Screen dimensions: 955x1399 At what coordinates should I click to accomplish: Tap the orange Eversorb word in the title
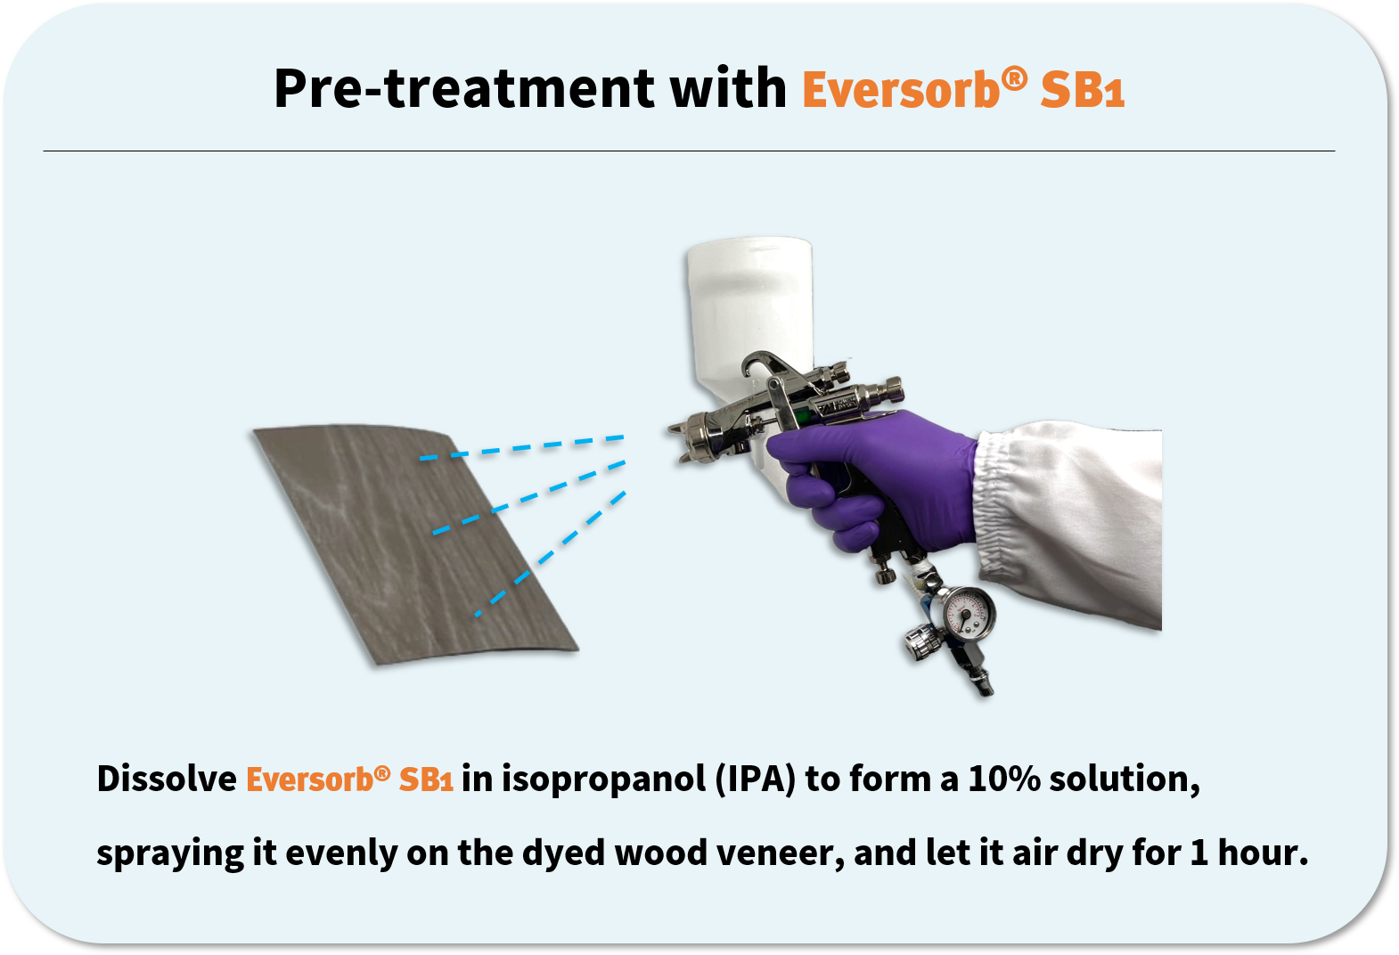(x=900, y=91)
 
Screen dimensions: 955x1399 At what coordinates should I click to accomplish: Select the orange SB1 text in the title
(x=1082, y=91)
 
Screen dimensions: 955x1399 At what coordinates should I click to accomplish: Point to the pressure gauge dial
(x=969, y=613)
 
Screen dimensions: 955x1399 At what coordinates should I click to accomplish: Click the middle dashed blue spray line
(x=530, y=497)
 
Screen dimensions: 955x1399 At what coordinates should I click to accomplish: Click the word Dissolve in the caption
(x=167, y=779)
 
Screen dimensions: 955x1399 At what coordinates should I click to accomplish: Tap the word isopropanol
(x=603, y=779)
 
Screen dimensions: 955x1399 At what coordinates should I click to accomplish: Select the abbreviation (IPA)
(x=755, y=779)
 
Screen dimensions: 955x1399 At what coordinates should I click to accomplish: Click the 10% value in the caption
(x=1003, y=779)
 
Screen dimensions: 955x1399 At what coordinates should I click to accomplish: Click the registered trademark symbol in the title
(x=1014, y=78)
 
